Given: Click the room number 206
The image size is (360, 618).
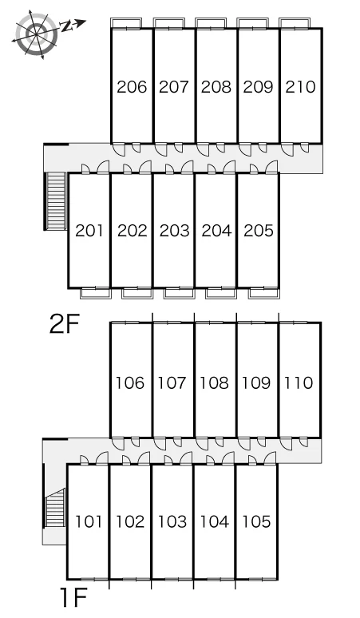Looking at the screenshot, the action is point(132,87).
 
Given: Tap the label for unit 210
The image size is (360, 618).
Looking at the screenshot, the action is point(300,87).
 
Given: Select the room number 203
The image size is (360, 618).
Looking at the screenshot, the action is point(174,231).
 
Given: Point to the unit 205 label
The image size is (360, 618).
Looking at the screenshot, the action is point(259,231).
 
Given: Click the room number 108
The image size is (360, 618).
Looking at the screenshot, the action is point(214,382).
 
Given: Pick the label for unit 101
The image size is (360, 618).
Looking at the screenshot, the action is point(89,521).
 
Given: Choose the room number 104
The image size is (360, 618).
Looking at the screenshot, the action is point(214,521).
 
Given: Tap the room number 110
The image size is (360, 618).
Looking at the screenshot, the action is point(299,382).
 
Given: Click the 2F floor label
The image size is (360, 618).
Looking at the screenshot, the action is point(64,324).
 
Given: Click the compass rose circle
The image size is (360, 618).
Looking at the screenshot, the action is point(36,34).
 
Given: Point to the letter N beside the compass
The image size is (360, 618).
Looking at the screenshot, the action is point(66,26).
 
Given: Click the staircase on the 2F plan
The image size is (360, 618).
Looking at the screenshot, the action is point(56,200).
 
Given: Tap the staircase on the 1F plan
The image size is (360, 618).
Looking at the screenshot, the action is point(55,508).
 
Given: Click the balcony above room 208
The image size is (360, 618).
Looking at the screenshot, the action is point(211,23).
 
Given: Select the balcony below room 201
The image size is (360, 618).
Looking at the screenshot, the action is point(96,294).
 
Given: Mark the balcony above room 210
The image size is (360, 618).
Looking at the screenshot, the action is point(295,23).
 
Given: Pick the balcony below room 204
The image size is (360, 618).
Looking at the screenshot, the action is point(221,294).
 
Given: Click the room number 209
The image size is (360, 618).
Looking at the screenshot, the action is point(258,87).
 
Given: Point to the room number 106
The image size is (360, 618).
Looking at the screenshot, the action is point(130,382).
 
